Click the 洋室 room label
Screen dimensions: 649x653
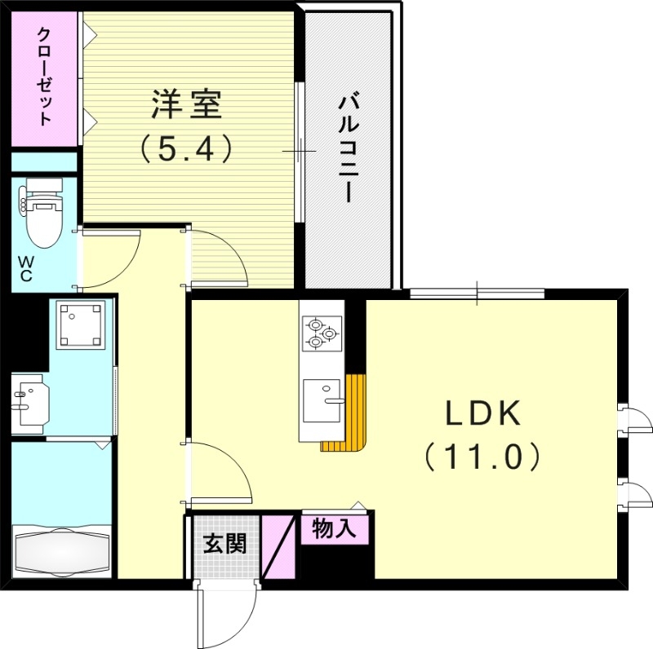tap(186, 106)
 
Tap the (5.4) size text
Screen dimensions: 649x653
tap(186, 149)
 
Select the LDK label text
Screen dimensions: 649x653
tap(482, 415)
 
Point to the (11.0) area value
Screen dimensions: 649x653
tap(482, 457)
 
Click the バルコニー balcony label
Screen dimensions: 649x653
tap(349, 149)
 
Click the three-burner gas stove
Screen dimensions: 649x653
tap(321, 333)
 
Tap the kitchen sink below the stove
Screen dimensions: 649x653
tap(322, 402)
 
